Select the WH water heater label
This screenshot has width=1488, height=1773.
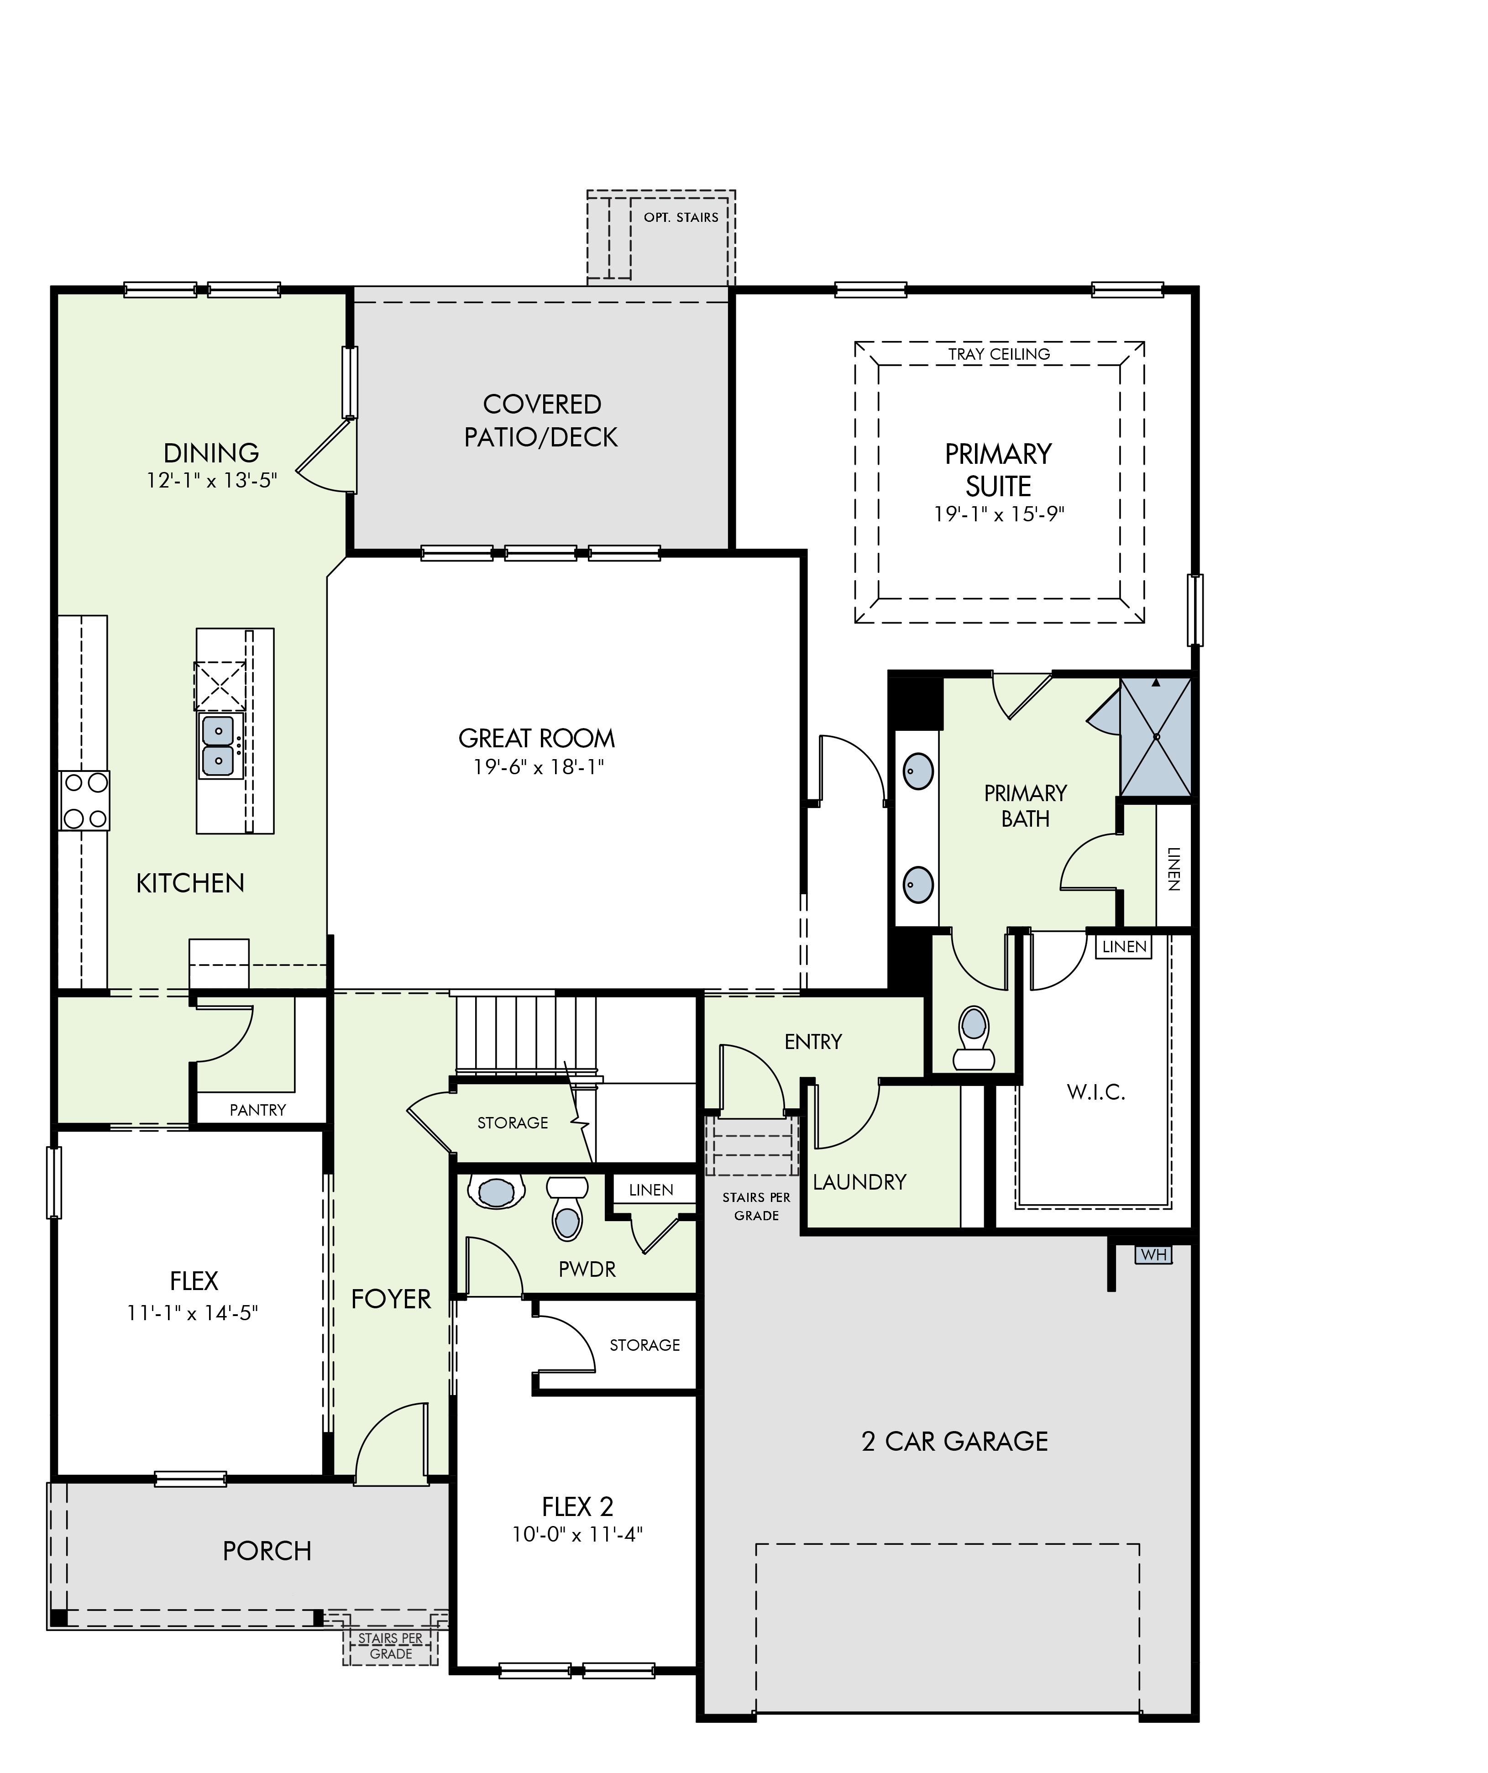(1154, 1254)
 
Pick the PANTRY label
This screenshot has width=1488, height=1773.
(257, 1109)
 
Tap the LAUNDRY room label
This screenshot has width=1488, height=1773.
(859, 1182)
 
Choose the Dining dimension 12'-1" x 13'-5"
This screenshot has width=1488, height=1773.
(212, 480)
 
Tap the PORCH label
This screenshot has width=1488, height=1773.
(267, 1551)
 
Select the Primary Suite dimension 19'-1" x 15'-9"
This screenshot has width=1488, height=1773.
(999, 514)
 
